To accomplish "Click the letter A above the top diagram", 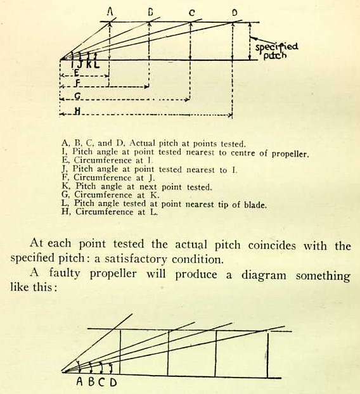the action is tap(110, 11).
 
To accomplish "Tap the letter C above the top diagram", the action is tap(192, 13).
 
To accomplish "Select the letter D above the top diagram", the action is tap(235, 13).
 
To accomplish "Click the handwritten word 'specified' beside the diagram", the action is tap(277, 47).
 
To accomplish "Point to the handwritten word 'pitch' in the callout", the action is tap(275, 55).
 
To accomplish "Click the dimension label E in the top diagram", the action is tap(77, 73).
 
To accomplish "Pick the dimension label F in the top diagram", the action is tap(78, 84).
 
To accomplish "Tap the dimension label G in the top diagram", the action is tap(78, 96).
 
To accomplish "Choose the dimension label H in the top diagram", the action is tap(78, 111).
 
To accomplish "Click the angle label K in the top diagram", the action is tap(89, 65).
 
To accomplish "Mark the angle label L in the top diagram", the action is tap(96, 65).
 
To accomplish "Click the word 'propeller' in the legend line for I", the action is tap(290, 154).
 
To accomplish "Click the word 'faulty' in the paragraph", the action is tap(65, 274).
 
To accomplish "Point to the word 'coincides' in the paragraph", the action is tap(272, 245).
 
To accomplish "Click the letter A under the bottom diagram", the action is tap(79, 382).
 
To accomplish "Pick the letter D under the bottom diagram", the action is tap(113, 382).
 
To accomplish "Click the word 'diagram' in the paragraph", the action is tap(264, 275).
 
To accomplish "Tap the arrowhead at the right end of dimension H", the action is tap(230, 115).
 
